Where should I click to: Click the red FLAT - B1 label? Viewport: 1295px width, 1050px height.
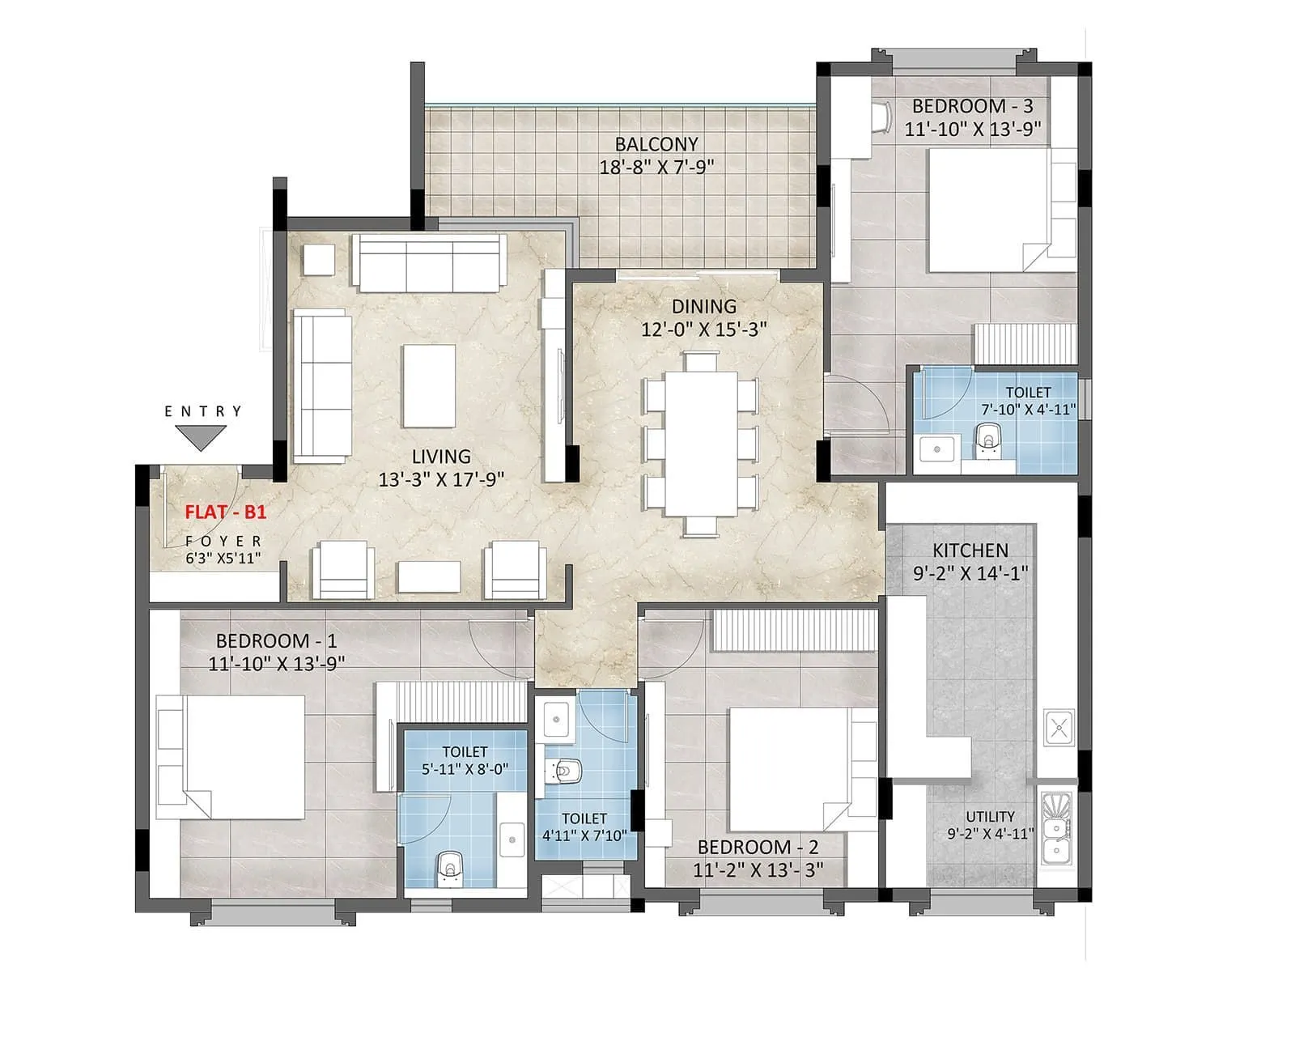(x=225, y=512)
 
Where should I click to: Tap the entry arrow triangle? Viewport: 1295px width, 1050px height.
(x=201, y=438)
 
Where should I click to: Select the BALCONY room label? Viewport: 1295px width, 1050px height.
(x=656, y=144)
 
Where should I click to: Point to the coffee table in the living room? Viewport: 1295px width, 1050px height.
(x=429, y=385)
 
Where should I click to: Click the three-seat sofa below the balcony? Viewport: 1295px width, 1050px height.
(x=429, y=262)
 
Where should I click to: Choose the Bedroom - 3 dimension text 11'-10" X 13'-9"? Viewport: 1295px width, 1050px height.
(x=971, y=129)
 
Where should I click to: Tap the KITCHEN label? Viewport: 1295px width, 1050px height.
(x=970, y=551)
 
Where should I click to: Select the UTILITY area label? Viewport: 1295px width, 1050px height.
(x=990, y=816)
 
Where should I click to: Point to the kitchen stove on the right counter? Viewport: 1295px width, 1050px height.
(x=1058, y=726)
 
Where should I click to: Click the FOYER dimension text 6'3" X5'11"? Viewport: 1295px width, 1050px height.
(x=223, y=557)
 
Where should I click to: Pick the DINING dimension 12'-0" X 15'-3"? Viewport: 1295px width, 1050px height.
(x=703, y=329)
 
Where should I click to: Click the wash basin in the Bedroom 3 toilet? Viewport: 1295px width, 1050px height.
(x=937, y=447)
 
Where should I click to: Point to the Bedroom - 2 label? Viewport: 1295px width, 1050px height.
(x=758, y=847)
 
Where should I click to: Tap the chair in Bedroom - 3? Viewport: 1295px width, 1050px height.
(x=882, y=117)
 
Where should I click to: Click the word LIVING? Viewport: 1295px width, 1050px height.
(x=441, y=457)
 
